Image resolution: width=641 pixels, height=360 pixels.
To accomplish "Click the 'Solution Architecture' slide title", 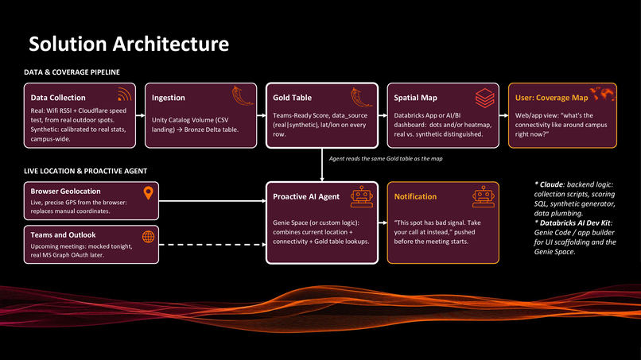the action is (x=129, y=45).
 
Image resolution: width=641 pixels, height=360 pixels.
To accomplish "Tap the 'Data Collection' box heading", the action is (x=58, y=98).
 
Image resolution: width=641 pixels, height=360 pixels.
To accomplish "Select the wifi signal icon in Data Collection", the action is (x=125, y=95).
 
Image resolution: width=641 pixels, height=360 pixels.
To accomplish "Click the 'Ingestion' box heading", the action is (x=169, y=98).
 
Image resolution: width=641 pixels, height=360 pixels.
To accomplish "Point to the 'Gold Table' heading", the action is (x=293, y=98).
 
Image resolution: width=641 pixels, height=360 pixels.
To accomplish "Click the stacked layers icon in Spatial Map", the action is (x=485, y=98).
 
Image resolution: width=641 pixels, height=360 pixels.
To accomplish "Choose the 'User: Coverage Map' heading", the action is (x=551, y=98).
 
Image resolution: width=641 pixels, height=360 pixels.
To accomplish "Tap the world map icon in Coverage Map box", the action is (x=603, y=94).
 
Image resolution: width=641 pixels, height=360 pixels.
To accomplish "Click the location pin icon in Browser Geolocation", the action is (x=149, y=193).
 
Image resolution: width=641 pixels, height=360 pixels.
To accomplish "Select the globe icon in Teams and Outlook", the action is (x=149, y=237).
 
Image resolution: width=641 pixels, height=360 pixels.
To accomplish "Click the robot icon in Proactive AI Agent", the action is (x=362, y=196).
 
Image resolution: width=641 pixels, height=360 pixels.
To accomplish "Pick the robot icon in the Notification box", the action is (x=484, y=196).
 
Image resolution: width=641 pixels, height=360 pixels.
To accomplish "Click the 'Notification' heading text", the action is (x=415, y=196).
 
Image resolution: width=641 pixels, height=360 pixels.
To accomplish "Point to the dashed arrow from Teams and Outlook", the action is (x=212, y=245).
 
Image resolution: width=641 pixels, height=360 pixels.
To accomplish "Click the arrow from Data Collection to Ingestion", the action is (x=140, y=116).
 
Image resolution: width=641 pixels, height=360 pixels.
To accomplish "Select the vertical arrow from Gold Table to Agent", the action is (x=322, y=165).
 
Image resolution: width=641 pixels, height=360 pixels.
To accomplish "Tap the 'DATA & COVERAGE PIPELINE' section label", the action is (x=72, y=72).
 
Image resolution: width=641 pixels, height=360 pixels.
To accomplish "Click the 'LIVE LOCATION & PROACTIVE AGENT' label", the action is (x=85, y=171).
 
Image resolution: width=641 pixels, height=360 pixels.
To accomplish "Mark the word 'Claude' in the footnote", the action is (x=552, y=184).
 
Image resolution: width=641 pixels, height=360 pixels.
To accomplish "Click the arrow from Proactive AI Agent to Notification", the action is (x=383, y=223).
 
